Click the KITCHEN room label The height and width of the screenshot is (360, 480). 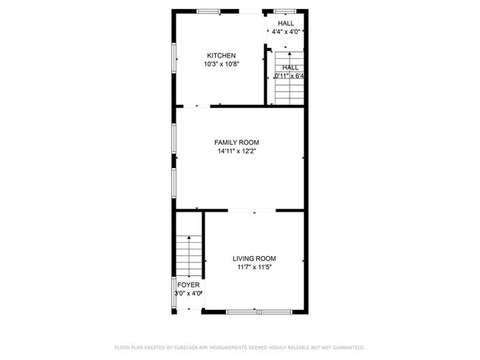[221, 56]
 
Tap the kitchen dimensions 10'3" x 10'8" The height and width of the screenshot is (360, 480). [221, 65]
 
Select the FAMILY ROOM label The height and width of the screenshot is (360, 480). [236, 142]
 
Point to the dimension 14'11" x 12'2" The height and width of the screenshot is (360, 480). [236, 152]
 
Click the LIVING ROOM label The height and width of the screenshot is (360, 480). [255, 258]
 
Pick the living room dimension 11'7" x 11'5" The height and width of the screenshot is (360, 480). [255, 268]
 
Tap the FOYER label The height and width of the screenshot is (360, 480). [188, 284]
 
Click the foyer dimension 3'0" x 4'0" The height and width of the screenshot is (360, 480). [188, 294]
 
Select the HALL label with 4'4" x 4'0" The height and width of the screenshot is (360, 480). [286, 24]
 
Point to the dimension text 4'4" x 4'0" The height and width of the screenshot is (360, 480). [286, 32]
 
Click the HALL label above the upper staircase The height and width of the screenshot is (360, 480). [290, 67]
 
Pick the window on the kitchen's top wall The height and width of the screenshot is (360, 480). [208, 10]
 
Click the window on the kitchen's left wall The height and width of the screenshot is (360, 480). [174, 62]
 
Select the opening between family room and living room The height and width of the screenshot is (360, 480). [253, 210]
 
